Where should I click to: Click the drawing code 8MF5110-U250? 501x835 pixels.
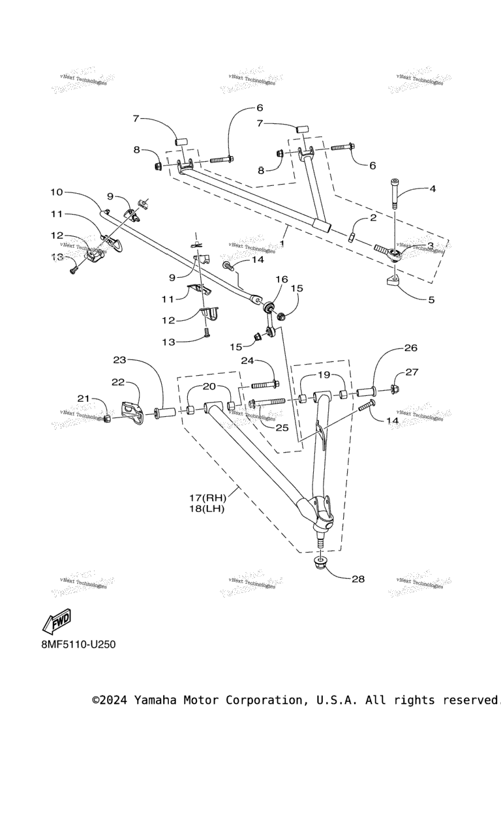tap(78, 645)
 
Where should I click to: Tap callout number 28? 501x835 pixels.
tap(358, 579)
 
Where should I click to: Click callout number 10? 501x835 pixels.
tap(57, 192)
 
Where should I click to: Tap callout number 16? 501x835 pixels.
tap(281, 279)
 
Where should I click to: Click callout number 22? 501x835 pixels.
tap(119, 382)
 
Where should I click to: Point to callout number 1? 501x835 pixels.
tap(282, 243)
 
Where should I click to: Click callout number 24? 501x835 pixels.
tap(247, 361)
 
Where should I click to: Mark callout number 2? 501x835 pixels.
tap(372, 219)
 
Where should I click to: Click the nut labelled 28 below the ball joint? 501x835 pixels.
tap(320, 563)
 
